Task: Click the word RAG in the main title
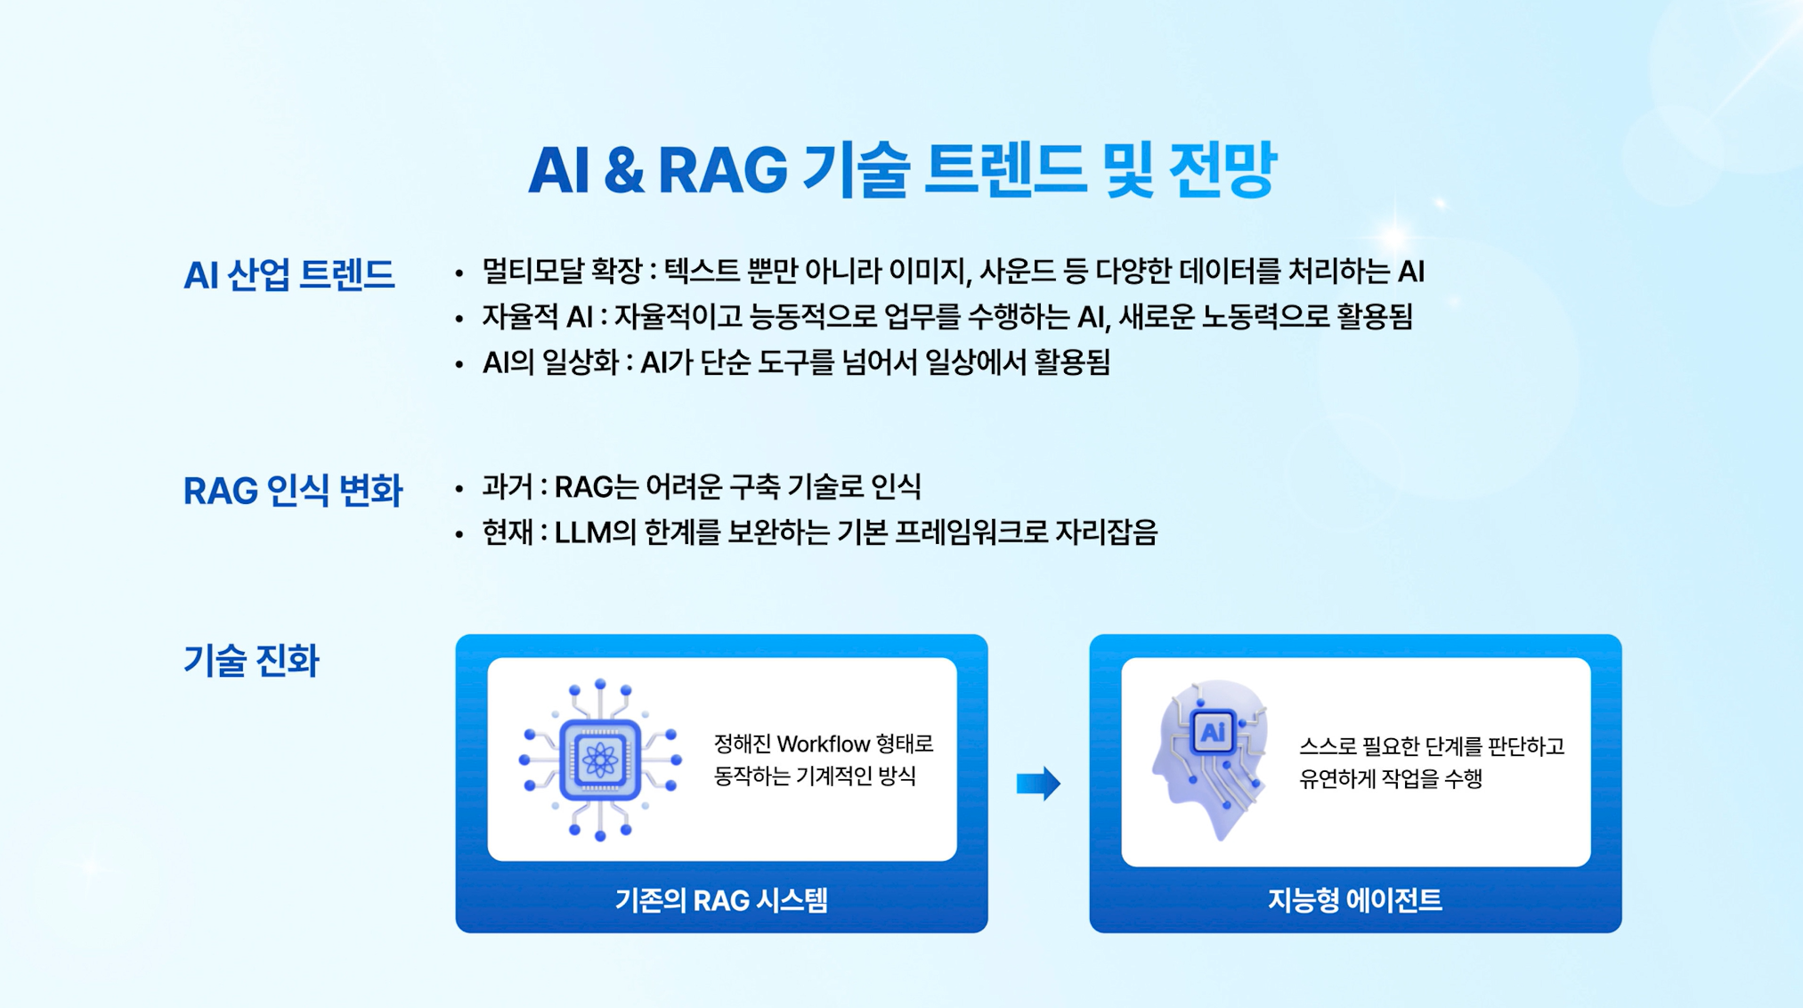coord(722,169)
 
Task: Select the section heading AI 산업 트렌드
coord(288,274)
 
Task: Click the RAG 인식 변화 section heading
coord(293,491)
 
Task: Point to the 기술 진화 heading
coord(251,661)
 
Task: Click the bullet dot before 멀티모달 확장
coord(459,273)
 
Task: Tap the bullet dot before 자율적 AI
coord(459,319)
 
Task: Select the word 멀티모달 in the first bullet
coord(532,271)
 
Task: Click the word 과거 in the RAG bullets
coord(508,487)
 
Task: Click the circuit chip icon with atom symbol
coord(600,760)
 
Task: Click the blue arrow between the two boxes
coord(1038,784)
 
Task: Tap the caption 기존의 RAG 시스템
coord(721,900)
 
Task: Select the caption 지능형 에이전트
coord(1355,900)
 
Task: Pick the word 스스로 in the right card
coord(1327,746)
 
